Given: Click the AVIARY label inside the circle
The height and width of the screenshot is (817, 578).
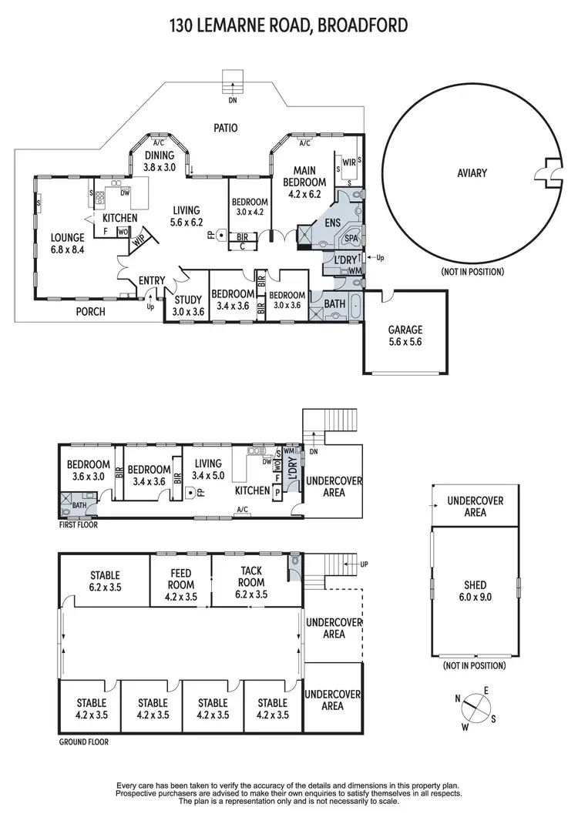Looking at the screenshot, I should (x=472, y=173).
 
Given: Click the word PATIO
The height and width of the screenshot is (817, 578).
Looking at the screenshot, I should (x=225, y=128).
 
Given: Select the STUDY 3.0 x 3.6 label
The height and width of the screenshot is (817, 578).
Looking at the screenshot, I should (x=187, y=306).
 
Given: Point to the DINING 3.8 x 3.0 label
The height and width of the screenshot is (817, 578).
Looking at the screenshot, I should (x=160, y=160).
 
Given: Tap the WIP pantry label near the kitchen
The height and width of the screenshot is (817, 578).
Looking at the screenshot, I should (x=139, y=240).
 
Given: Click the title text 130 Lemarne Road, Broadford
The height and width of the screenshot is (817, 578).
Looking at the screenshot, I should (x=289, y=28).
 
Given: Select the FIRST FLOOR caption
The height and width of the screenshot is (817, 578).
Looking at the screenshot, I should (x=78, y=524).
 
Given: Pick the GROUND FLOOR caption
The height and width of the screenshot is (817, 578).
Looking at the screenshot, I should (x=84, y=743).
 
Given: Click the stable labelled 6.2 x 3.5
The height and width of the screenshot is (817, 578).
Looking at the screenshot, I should (x=105, y=581).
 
